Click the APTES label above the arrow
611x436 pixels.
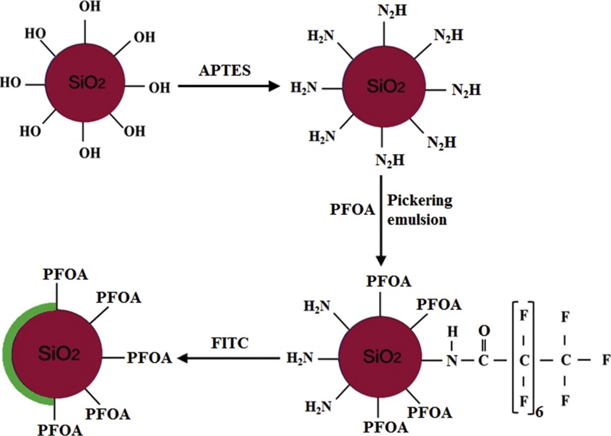(x=225, y=70)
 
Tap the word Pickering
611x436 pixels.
(x=419, y=201)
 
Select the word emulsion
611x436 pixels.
(x=417, y=219)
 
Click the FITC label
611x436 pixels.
(x=231, y=342)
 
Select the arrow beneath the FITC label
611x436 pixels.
(x=229, y=358)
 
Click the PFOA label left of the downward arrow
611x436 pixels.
(x=352, y=210)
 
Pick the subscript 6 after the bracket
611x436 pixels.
(x=539, y=412)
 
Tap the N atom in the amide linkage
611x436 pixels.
(x=452, y=361)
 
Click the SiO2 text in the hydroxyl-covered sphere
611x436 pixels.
(x=87, y=83)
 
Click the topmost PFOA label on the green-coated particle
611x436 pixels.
(x=66, y=274)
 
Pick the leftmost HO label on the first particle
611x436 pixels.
(x=10, y=83)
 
